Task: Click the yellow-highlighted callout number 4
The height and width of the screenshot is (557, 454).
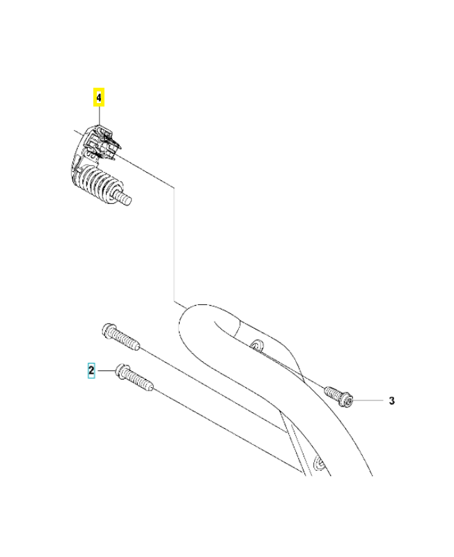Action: click(x=99, y=97)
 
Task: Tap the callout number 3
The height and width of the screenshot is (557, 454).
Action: click(x=391, y=400)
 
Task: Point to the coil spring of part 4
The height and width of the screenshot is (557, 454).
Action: click(x=99, y=184)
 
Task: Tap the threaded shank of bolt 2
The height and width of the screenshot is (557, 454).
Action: click(x=141, y=382)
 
